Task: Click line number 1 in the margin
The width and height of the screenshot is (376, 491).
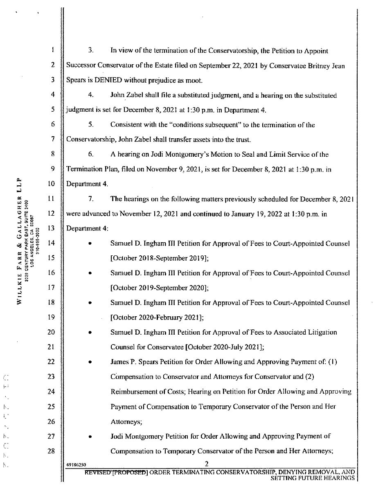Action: pyautogui.click(x=53, y=51)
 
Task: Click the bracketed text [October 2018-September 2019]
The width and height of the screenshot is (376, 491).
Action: pyautogui.click(x=160, y=258)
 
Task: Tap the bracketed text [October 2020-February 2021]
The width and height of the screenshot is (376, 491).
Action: pyautogui.click(x=157, y=317)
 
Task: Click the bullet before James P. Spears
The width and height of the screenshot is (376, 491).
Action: pyautogui.click(x=90, y=363)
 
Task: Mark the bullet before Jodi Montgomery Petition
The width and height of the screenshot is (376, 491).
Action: pyautogui.click(x=90, y=437)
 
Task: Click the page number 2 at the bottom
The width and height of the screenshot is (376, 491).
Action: pyautogui.click(x=207, y=464)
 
